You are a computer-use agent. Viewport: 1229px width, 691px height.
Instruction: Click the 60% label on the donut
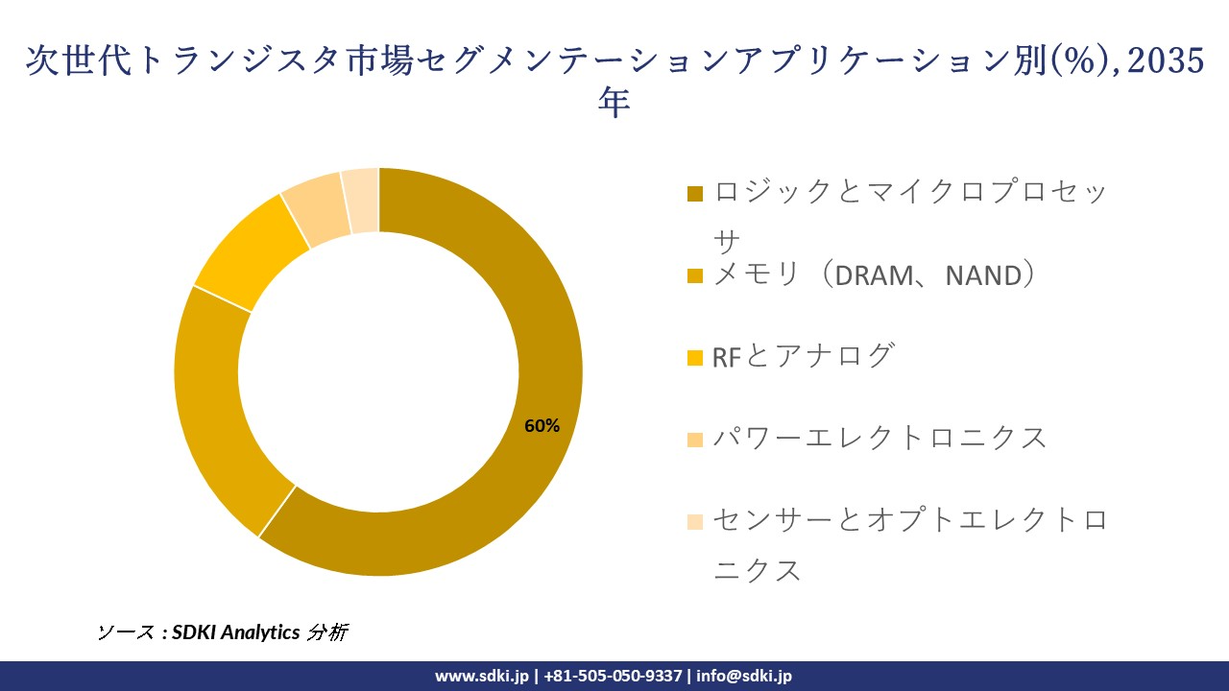pyautogui.click(x=542, y=426)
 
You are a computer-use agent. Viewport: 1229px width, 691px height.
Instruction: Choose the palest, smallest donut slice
pyautogui.click(x=362, y=201)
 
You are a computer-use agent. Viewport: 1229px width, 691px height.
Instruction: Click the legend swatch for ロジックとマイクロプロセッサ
pyautogui.click(x=695, y=194)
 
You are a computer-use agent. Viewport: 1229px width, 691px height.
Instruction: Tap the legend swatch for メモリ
pyautogui.click(x=695, y=276)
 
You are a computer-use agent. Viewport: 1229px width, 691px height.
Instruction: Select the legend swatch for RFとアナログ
pyautogui.click(x=695, y=358)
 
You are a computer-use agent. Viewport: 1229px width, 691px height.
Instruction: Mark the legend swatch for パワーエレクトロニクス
pyautogui.click(x=695, y=440)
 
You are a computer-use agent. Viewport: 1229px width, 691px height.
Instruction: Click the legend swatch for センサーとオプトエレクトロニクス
pyautogui.click(x=695, y=522)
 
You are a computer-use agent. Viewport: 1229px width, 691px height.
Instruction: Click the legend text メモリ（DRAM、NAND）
pyautogui.click(x=875, y=275)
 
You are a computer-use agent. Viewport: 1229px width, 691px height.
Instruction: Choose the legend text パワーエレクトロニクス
pyautogui.click(x=880, y=439)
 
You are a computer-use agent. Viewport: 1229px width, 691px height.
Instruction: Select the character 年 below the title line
pyautogui.click(x=614, y=103)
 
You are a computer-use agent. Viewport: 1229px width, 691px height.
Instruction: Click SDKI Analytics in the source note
pyautogui.click(x=236, y=632)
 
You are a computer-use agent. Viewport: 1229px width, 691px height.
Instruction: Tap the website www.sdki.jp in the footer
pyautogui.click(x=482, y=676)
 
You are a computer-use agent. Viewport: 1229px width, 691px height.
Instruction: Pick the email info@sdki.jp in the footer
pyautogui.click(x=744, y=676)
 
